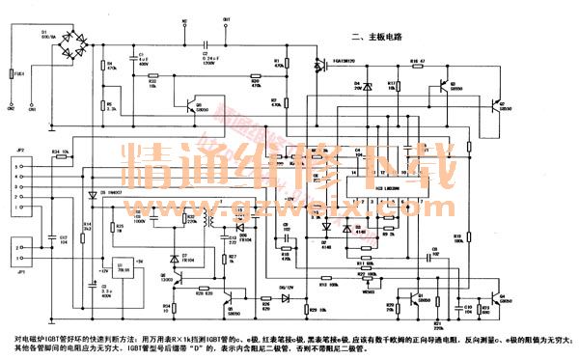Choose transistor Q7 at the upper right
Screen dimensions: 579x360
point(493,103)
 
